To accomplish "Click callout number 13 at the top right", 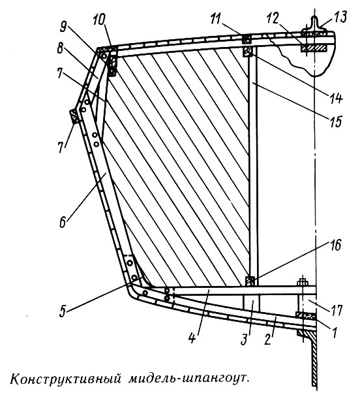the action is tap(340, 17).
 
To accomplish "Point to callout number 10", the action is tap(98, 20).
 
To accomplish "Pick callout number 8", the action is tap(60, 48).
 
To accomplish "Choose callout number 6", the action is tap(63, 221).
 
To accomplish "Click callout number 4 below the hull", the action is tap(192, 336).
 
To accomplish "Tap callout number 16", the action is tap(335, 245).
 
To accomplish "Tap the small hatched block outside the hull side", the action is tap(75, 116).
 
